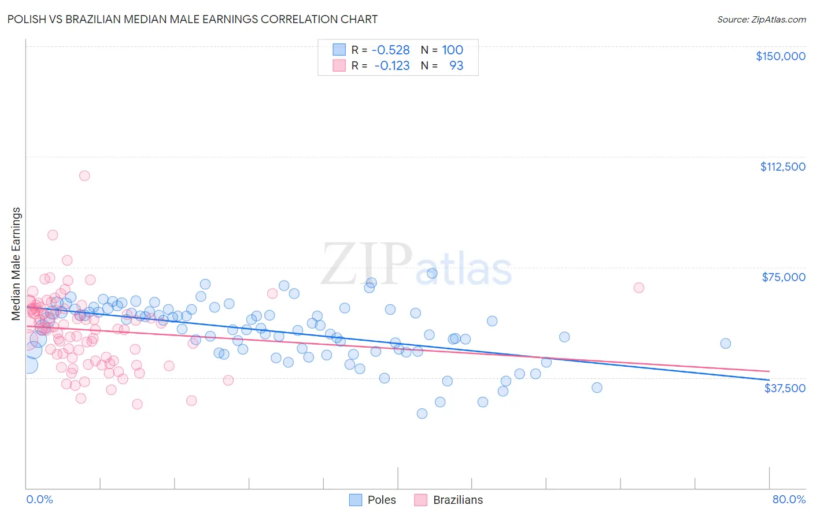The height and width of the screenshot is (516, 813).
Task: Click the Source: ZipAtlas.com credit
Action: coord(761,19)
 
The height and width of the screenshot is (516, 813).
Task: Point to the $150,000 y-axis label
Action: coord(780,56)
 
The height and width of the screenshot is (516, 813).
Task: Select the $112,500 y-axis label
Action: coord(782,167)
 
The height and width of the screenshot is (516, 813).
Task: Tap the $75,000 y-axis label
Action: coord(784,277)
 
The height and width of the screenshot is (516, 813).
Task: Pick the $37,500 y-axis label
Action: coord(785,388)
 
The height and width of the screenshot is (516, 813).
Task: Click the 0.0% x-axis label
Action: coord(39,499)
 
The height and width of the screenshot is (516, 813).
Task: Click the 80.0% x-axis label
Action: coord(789,499)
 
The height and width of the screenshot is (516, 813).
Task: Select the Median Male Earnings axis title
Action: coord(16,264)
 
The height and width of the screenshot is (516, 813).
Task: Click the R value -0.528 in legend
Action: coord(390,50)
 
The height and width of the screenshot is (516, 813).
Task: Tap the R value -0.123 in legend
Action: coord(391,66)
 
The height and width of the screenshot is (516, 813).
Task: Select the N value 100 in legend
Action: coord(453,50)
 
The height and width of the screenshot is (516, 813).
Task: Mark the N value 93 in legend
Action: coord(456,66)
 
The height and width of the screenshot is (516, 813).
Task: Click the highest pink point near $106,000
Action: coord(84,176)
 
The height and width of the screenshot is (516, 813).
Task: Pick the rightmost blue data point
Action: coord(726,344)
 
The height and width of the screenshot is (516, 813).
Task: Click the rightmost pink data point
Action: coord(639,288)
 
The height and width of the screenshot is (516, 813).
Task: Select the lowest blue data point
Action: coord(422,414)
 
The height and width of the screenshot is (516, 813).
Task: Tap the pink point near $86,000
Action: coord(53,235)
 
